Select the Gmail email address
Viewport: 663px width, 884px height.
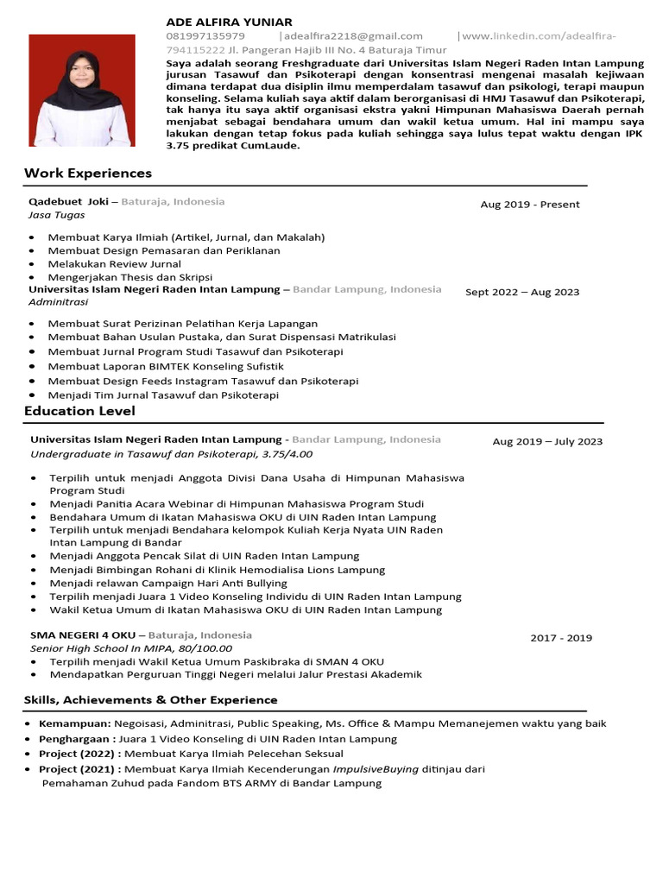click(354, 36)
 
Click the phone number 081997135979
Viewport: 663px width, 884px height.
click(205, 36)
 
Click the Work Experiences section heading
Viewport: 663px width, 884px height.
click(88, 174)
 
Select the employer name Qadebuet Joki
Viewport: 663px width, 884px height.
click(68, 201)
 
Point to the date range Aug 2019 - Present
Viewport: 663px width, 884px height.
click(530, 205)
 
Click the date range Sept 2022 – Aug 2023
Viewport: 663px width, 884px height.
click(522, 293)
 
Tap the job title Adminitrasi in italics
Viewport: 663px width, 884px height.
click(59, 303)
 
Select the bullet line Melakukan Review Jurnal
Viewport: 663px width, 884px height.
click(115, 263)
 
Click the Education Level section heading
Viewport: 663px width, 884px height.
click(79, 411)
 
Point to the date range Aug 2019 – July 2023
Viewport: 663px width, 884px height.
click(547, 442)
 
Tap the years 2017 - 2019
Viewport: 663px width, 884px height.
click(561, 638)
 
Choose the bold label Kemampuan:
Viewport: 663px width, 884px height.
click(75, 723)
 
